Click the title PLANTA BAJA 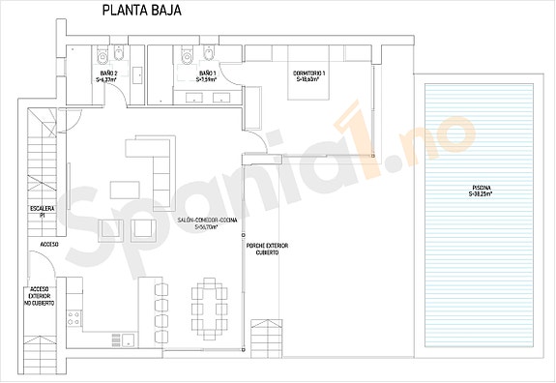pos(140,12)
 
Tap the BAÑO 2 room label pos(108,74)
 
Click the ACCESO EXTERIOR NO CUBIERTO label pos(41,296)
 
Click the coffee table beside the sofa pos(123,188)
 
